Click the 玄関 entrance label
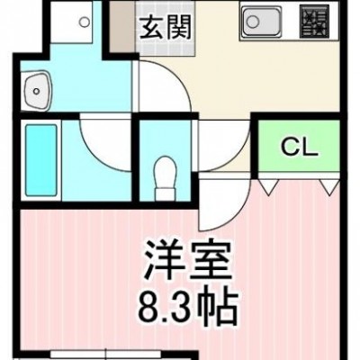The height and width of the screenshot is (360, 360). pyautogui.click(x=165, y=27)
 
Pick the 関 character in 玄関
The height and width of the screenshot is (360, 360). pyautogui.click(x=178, y=27)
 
